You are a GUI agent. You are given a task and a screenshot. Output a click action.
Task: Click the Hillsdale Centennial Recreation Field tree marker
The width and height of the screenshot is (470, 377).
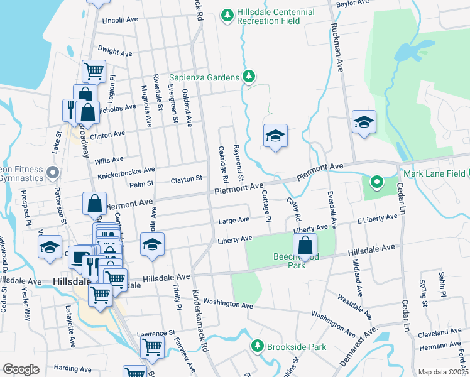click(x=227, y=14)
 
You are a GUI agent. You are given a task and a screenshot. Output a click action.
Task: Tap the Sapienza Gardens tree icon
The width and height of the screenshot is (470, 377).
click(x=249, y=77)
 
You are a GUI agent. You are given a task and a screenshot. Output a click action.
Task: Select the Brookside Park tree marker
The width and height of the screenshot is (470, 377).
click(x=257, y=346)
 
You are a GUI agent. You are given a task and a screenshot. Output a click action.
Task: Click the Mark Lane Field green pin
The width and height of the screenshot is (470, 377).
click(x=376, y=183)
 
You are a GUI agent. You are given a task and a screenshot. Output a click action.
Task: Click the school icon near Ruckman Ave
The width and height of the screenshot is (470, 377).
click(x=363, y=122)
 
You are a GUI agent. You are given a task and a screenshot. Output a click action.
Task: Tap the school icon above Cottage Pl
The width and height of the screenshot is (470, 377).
click(x=275, y=136)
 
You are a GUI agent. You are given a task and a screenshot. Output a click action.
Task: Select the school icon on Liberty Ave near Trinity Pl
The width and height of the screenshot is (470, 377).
click(x=151, y=245)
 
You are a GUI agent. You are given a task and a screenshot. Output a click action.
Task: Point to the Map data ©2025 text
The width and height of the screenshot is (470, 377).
click(x=443, y=372)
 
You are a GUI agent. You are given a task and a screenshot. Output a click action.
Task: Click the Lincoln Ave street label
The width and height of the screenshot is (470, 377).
click(x=119, y=20)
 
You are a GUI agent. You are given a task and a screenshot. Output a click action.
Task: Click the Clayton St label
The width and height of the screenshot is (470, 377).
click(x=185, y=180)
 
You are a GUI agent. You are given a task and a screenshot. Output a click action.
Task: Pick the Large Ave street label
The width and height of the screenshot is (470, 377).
click(x=234, y=221)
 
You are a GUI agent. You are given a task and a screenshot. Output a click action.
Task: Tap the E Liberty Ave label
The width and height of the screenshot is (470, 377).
click(x=377, y=218)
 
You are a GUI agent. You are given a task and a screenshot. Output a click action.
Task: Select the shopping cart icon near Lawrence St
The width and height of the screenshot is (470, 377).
click(x=151, y=346)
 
